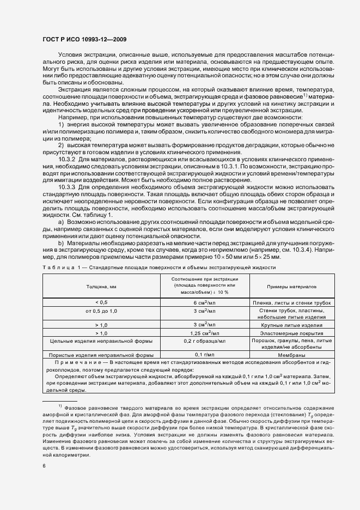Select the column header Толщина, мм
point(101,286)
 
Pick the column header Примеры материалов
point(291,286)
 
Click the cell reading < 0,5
point(101,302)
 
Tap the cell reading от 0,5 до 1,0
point(101,310)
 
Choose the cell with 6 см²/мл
point(203,302)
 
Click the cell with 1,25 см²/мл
point(203,332)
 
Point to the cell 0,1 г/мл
point(203,354)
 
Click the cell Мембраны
point(291,354)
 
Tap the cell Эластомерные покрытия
point(291,332)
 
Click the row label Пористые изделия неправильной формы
point(101,354)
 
